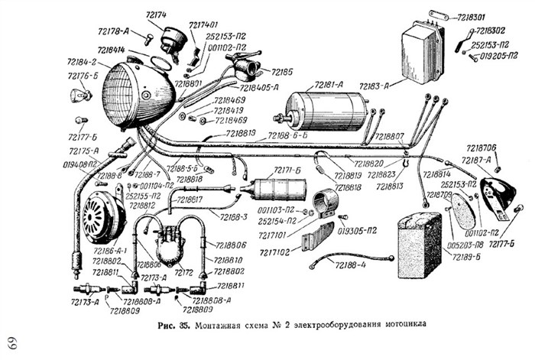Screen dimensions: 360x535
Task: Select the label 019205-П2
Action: (x=494, y=55)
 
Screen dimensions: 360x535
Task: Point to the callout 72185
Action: (x=282, y=72)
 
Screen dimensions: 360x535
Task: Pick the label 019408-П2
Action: (x=79, y=164)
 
